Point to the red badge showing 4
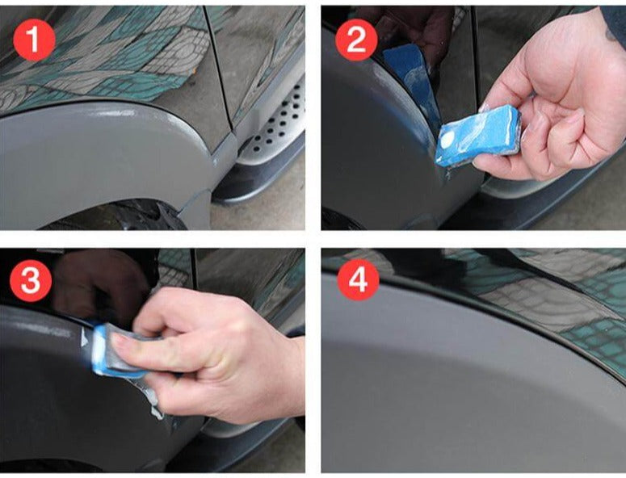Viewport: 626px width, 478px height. point(355,282)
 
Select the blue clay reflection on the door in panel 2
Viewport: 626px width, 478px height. point(408,73)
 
